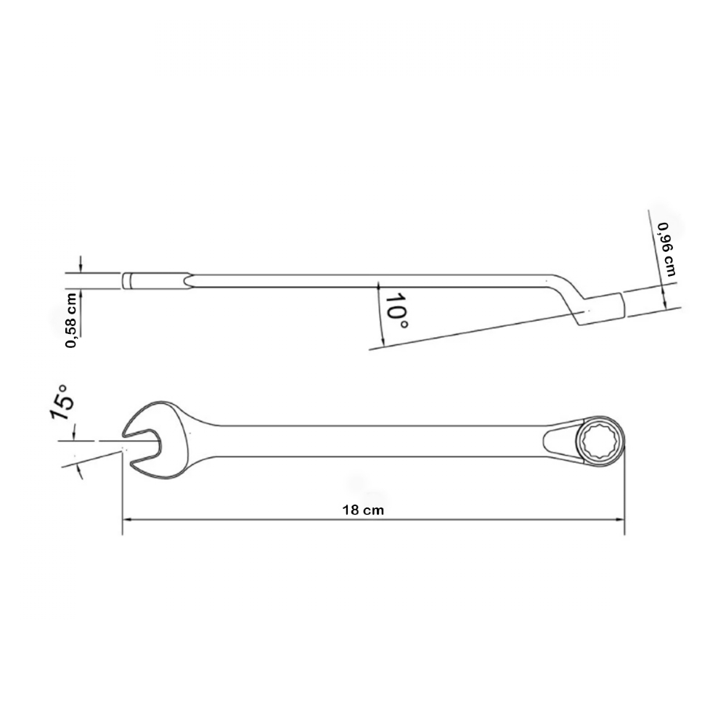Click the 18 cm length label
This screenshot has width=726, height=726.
363,510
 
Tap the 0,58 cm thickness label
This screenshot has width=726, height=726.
71,320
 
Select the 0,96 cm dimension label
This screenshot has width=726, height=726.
666,250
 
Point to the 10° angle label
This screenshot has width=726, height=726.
396,311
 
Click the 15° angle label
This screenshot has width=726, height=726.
61,402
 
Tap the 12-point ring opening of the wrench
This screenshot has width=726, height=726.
600,441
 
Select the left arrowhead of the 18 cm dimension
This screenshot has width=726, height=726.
127,520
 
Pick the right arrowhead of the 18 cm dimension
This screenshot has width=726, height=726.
619,520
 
